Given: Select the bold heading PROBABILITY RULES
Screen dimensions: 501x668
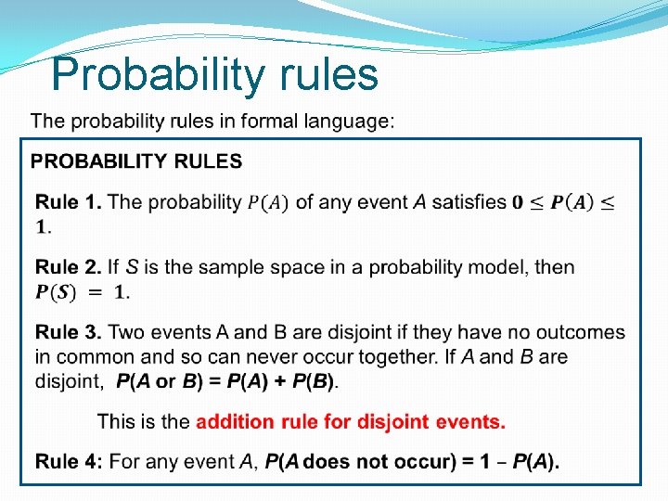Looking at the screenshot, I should [x=136, y=161].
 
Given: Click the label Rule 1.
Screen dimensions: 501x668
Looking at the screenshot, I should [x=69, y=202].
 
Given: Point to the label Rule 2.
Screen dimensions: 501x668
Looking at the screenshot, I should [x=69, y=267].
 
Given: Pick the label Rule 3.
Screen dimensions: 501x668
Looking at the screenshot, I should [x=69, y=332].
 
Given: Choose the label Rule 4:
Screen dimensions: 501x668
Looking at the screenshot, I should [x=70, y=462].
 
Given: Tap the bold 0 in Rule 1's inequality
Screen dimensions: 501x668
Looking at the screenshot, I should [x=517, y=202].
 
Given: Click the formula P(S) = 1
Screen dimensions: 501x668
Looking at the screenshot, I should [x=82, y=292].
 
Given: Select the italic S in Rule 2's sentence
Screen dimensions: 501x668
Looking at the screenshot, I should [x=132, y=267].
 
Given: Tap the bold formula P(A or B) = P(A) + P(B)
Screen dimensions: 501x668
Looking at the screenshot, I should [x=227, y=380].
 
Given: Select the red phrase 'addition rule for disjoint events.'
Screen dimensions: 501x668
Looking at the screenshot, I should [x=351, y=422].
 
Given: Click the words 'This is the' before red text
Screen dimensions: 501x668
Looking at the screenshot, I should [x=143, y=422].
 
